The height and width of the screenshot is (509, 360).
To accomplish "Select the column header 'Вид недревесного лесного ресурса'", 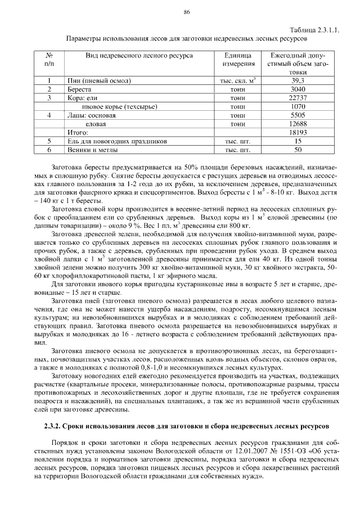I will tap(139, 56).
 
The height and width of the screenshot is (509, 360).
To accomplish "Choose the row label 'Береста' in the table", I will tap(79, 89).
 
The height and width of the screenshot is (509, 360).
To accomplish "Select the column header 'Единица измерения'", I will tap(240, 60).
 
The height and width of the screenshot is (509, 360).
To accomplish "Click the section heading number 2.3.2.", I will tap(53, 424).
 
